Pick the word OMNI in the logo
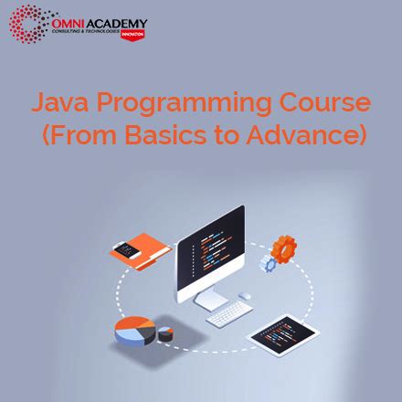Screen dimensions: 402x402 [69, 19]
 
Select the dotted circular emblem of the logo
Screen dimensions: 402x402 [28, 23]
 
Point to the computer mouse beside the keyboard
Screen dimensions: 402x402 [245, 296]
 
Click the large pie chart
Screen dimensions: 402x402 [136, 332]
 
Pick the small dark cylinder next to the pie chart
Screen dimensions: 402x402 [167, 333]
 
